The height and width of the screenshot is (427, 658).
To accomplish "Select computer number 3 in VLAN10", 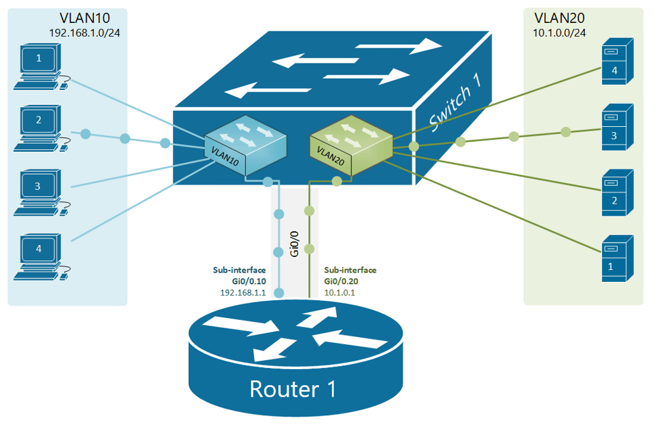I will tap(38, 191).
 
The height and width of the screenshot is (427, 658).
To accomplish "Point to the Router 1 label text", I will tap(293, 389).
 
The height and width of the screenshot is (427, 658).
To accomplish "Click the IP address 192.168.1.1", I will tap(243, 292).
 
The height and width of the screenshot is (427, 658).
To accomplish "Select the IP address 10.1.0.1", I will tap(340, 292).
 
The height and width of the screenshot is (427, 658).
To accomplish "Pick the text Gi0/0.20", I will tap(342, 281).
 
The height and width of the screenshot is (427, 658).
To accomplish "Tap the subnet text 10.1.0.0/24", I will tap(559, 32).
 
